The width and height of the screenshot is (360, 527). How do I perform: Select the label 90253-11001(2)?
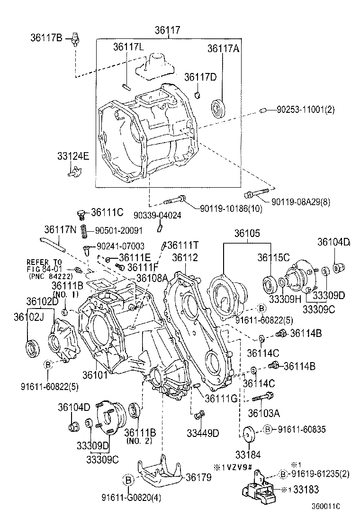tap(306, 109)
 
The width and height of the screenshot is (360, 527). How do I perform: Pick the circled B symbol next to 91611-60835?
tap(267, 429)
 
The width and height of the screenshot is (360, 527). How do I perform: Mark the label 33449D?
tap(203, 432)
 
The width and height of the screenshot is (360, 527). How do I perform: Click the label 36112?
tap(185, 257)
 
